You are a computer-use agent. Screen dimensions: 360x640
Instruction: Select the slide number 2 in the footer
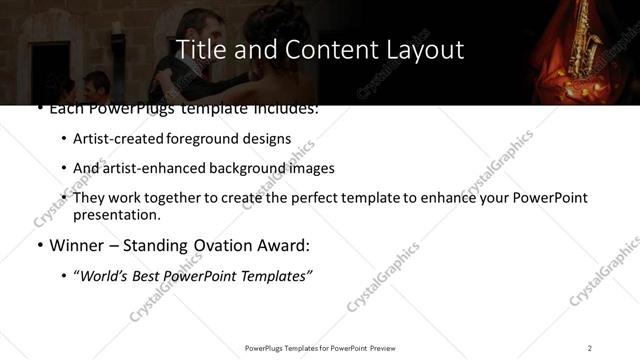(590, 347)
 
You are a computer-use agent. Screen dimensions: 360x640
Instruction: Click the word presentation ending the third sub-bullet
(115, 214)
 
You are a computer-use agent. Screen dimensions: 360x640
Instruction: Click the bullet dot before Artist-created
(64, 140)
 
